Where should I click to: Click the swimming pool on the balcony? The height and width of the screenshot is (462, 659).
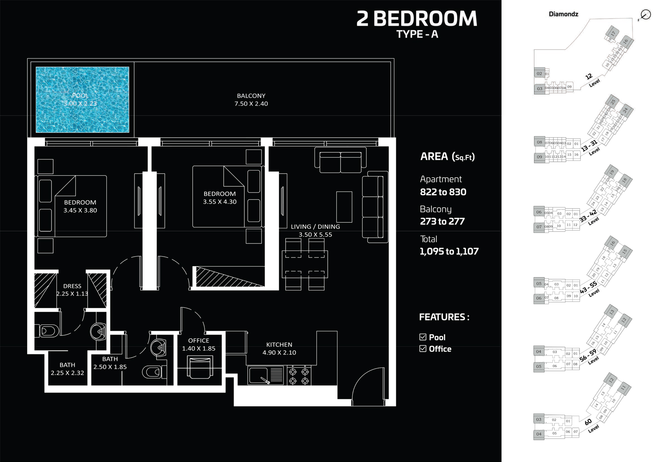(x=82, y=100)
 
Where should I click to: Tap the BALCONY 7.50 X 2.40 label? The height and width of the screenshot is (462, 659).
(x=251, y=100)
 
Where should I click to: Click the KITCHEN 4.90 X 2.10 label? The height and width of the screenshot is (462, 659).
(x=279, y=348)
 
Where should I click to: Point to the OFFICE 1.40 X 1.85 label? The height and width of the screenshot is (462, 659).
(x=198, y=344)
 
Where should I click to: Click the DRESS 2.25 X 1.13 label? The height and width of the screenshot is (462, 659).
(x=72, y=290)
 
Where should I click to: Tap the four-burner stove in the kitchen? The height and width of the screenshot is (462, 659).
(x=299, y=376)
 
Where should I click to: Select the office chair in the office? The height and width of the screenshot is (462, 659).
(x=200, y=368)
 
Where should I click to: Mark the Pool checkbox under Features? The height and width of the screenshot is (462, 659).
(x=423, y=337)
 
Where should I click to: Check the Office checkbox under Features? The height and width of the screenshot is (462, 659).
(x=423, y=349)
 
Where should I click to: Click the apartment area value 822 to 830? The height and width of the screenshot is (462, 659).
(x=443, y=192)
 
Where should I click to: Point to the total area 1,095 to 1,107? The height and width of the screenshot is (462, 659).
(x=449, y=251)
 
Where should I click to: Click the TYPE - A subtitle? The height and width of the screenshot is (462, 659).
(x=417, y=34)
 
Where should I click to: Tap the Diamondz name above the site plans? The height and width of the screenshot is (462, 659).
(x=563, y=14)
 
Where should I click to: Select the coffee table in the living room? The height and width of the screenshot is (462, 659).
(x=344, y=207)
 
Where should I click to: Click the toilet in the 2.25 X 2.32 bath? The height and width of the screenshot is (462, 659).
(x=48, y=331)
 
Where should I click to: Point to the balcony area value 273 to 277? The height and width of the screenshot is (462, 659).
(x=442, y=221)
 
